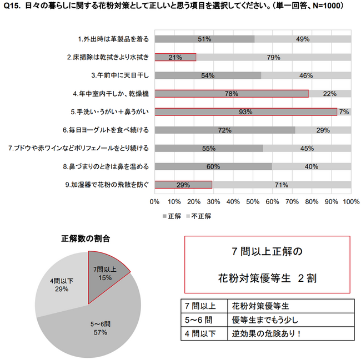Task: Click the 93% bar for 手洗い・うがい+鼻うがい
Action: (x=245, y=111)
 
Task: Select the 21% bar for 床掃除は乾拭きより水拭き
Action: (x=175, y=57)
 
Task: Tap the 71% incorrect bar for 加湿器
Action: (x=281, y=185)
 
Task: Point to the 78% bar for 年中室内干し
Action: (x=231, y=93)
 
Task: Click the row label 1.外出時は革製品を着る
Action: (x=113, y=39)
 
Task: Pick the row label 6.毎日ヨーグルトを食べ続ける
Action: (x=105, y=130)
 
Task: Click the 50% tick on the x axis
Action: (x=253, y=201)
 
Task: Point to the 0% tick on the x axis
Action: (x=155, y=201)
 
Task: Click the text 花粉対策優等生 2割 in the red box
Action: (x=267, y=278)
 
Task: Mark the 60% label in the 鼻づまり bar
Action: (x=213, y=166)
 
